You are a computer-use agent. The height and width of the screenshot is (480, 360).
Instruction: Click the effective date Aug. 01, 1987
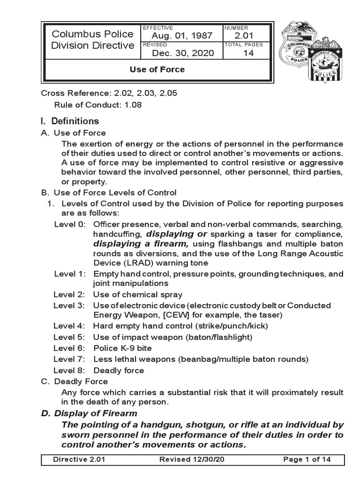coord(182,36)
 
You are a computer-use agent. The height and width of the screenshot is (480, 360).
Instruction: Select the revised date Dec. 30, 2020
coord(183,53)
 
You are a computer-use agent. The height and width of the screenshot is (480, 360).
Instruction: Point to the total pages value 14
coord(248,53)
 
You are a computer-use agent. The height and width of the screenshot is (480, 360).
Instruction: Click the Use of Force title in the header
coord(157,69)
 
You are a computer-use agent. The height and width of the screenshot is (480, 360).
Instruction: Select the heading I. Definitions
coord(70,121)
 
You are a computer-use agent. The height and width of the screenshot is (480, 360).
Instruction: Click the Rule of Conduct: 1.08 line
coord(98,105)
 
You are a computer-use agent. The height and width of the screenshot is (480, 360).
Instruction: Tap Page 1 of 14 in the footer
coord(307,459)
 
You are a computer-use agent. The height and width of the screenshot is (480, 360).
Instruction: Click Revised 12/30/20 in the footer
coord(186,459)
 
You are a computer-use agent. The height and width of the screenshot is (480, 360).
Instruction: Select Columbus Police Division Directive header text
coord(93,40)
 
